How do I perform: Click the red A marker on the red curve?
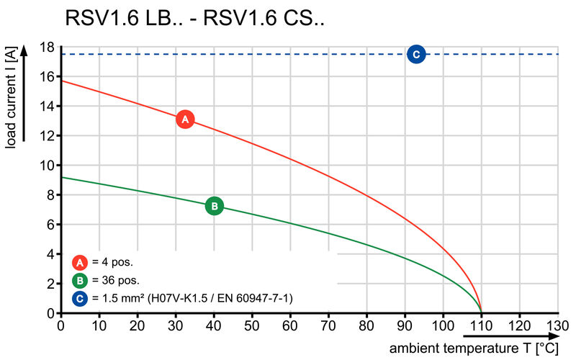(185, 120)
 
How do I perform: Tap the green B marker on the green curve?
(214, 206)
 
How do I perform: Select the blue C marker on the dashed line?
(416, 54)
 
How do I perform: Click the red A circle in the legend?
(81, 263)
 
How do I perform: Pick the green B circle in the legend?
(81, 280)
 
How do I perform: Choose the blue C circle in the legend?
(81, 297)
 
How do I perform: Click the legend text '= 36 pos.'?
(116, 280)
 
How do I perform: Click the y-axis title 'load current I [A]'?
(12, 98)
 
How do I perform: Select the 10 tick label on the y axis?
(47, 166)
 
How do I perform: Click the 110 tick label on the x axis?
(481, 325)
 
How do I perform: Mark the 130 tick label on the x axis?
(557, 325)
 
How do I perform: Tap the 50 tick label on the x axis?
(252, 325)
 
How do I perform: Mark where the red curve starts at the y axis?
(61, 80)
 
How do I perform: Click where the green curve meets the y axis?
(61, 177)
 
